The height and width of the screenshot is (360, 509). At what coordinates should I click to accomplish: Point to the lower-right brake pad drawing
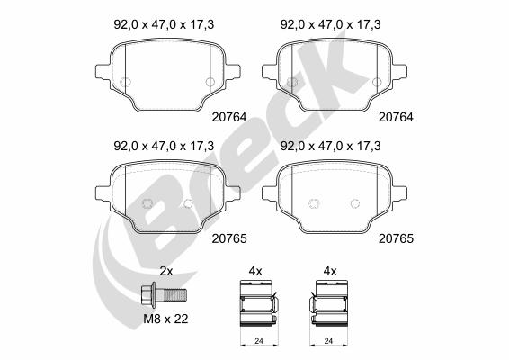(334, 199)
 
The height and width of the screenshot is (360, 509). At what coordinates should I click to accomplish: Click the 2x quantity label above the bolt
(165, 271)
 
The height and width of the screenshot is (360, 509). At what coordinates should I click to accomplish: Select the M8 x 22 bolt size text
(166, 317)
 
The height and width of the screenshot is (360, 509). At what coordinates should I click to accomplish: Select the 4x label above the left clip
(255, 271)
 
